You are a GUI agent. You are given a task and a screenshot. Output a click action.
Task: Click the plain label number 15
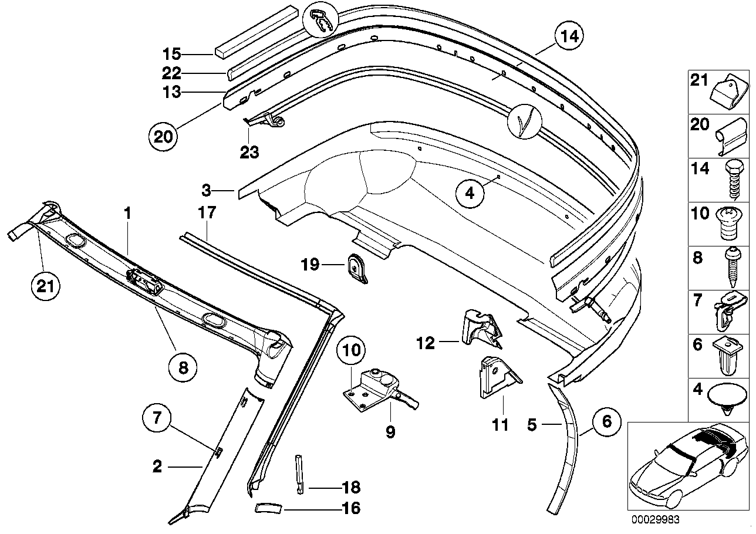tap(172, 55)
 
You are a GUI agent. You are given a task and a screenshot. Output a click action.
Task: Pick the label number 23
tap(249, 152)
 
